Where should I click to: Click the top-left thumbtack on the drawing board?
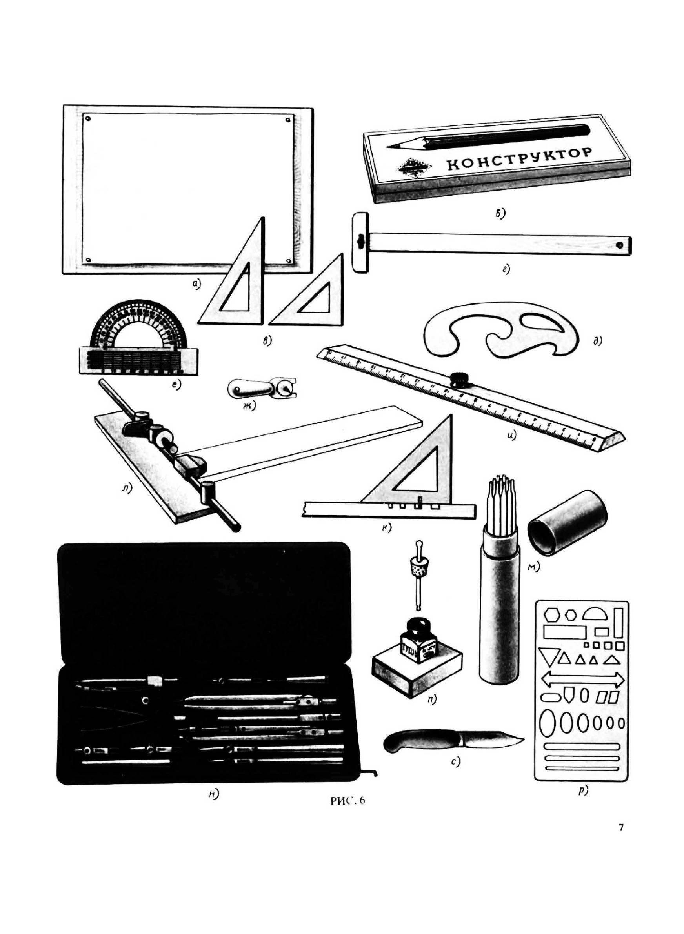(88, 119)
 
